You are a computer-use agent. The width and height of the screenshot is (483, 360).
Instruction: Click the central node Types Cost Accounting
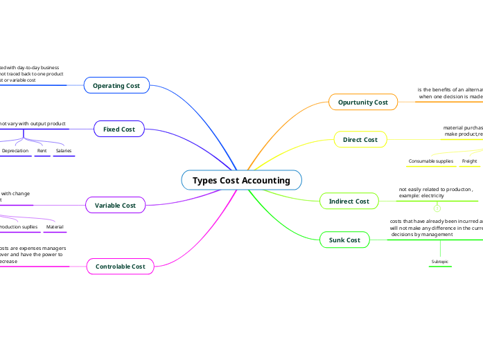241,180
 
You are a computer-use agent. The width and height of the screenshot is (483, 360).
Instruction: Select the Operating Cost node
116,85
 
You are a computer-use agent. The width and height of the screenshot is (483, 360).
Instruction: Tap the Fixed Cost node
119,129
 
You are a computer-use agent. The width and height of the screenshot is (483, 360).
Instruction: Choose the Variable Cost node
115,205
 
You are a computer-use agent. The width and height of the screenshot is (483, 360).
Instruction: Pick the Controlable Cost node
120,266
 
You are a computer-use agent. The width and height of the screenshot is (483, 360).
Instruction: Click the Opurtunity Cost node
362,102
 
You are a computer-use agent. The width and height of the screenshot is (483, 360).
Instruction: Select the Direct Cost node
360,139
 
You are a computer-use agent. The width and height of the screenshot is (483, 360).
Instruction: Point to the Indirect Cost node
349,201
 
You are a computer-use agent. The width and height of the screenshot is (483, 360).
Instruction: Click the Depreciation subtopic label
15,150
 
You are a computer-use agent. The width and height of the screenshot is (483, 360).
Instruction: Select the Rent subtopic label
42,150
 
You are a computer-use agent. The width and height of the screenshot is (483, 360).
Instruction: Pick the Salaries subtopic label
64,150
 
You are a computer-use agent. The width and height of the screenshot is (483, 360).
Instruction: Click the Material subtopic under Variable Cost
55,226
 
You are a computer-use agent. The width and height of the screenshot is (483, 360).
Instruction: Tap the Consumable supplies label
430,161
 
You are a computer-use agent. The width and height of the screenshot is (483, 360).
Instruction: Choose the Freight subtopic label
469,161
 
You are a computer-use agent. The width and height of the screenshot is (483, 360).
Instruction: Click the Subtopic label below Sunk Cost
440,262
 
